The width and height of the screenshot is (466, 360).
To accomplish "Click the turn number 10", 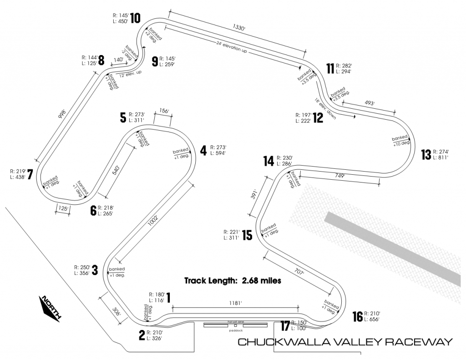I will (x=135, y=18).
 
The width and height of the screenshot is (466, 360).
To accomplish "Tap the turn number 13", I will (x=426, y=155).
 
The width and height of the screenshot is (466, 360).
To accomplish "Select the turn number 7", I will (x=30, y=175).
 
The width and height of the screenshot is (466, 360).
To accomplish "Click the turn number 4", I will (x=203, y=150).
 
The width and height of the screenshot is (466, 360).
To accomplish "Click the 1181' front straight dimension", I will (x=235, y=303).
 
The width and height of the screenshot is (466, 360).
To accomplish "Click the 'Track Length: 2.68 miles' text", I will (x=233, y=280).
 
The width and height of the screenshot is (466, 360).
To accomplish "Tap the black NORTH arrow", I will (x=51, y=309).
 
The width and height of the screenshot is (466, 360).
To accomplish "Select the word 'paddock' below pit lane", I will (x=236, y=330).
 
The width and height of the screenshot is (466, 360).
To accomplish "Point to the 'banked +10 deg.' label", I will (x=401, y=140).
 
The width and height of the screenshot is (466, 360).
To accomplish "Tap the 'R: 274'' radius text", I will (x=441, y=152).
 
